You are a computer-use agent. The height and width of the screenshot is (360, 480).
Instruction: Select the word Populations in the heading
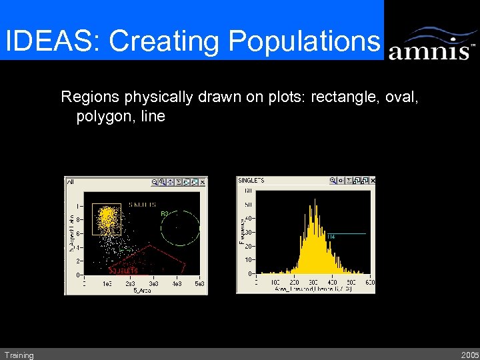click(x=303, y=41)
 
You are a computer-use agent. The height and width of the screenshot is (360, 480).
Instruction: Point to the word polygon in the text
click(x=102, y=117)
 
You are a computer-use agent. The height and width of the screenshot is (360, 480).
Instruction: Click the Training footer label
click(x=19, y=355)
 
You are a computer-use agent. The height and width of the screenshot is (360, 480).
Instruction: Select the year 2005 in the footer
click(x=469, y=355)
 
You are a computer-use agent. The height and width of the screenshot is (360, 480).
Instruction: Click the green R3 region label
click(x=164, y=213)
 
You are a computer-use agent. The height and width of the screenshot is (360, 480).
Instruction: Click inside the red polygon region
click(x=150, y=260)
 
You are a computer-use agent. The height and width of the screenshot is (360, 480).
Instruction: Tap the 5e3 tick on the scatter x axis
click(x=199, y=283)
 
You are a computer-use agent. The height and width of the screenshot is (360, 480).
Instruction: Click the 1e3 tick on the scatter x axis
click(x=107, y=283)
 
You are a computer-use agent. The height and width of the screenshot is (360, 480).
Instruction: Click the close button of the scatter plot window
click(x=203, y=181)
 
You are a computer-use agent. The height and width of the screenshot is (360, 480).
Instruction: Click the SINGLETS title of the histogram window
click(x=251, y=181)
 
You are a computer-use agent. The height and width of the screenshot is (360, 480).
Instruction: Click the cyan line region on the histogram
click(x=347, y=233)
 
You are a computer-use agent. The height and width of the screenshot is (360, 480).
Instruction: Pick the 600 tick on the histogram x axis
click(x=370, y=283)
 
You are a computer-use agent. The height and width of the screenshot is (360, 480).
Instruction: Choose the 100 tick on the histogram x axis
click(x=275, y=283)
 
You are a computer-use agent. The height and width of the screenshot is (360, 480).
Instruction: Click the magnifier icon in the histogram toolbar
click(x=332, y=181)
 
